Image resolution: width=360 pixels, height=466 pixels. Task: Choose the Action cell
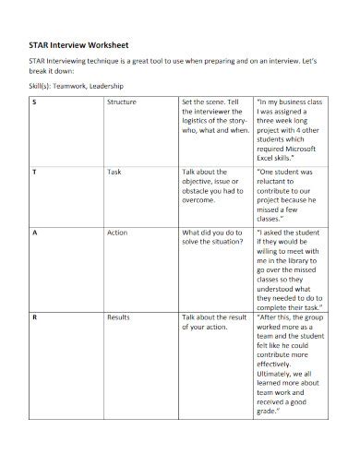[x=117, y=233]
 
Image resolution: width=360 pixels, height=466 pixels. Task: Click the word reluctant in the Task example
[x=277, y=184]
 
